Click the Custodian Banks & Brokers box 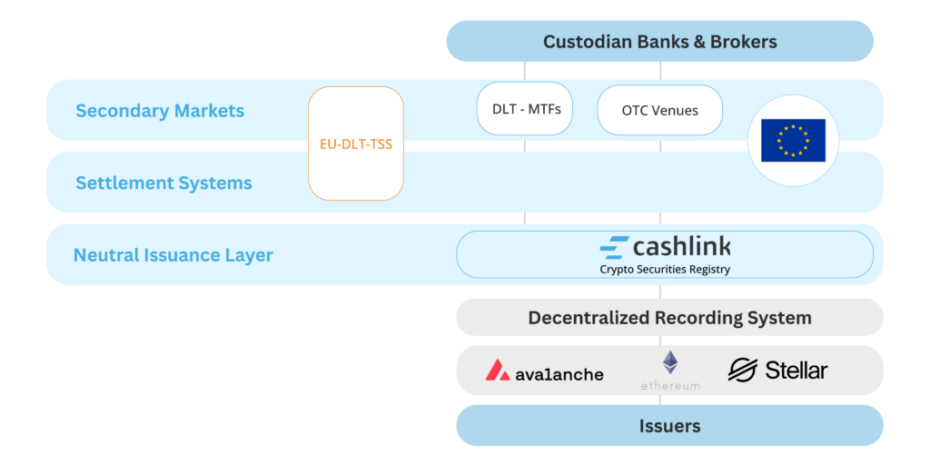[659, 42]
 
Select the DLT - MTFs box [524, 109]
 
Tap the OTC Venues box [659, 110]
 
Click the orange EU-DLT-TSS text [356, 144]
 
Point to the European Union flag [793, 141]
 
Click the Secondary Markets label [160, 111]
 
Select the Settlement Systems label [163, 183]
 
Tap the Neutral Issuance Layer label [173, 255]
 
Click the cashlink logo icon [615, 247]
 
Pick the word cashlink [682, 246]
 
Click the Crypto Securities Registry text [665, 269]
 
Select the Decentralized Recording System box [669, 317]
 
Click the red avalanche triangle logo [498, 371]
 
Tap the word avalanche [559, 373]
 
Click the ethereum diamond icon [670, 362]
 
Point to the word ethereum [670, 385]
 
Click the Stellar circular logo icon [743, 371]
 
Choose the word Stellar [796, 371]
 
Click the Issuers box [669, 425]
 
